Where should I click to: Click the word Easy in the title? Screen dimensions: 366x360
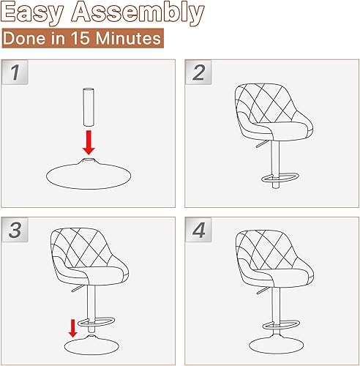pyautogui.click(x=37, y=12)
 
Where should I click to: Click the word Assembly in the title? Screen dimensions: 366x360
pyautogui.click(x=140, y=12)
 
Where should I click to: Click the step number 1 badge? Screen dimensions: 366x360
pyautogui.click(x=14, y=72)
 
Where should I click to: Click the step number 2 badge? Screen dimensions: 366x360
pyautogui.click(x=197, y=72)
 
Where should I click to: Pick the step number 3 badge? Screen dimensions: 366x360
pyautogui.click(x=14, y=228)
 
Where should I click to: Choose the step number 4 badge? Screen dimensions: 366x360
pyautogui.click(x=197, y=228)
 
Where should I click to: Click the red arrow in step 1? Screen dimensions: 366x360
pyautogui.click(x=89, y=139)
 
